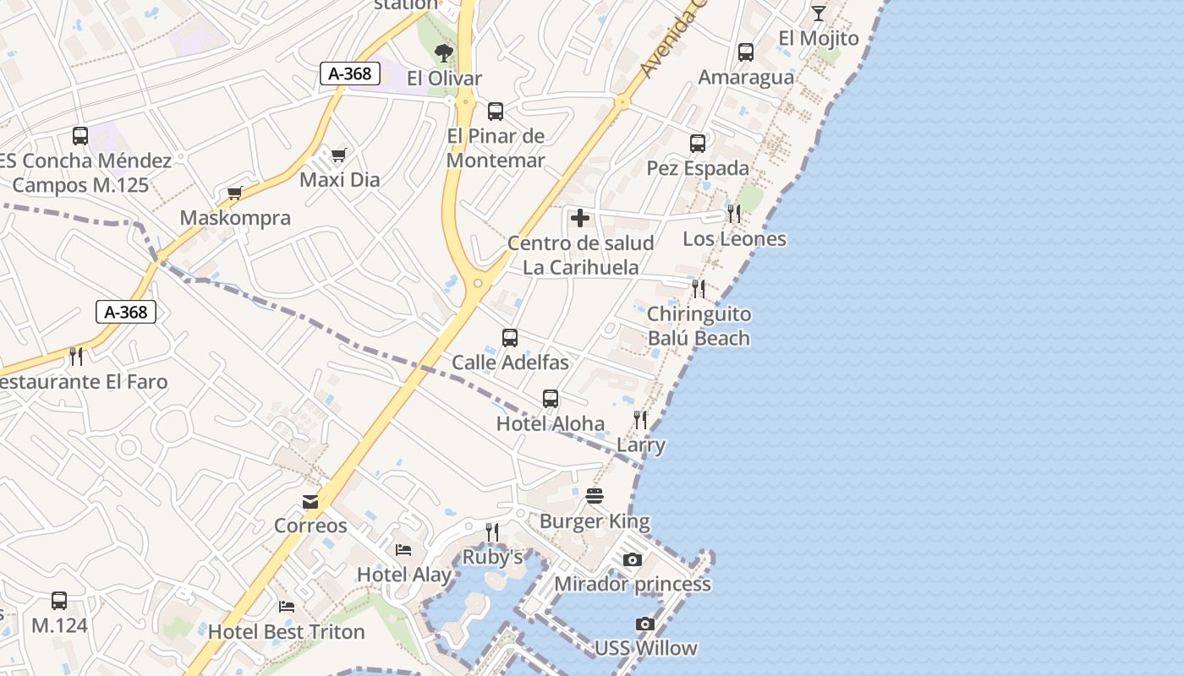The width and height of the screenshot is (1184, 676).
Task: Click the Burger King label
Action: [x=595, y=521]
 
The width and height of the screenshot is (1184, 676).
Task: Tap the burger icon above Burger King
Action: [x=595, y=496]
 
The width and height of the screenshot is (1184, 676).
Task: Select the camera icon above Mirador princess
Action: [x=632, y=559]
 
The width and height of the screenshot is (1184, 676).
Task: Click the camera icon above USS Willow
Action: [x=645, y=624]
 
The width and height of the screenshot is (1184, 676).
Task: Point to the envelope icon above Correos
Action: [x=310, y=502]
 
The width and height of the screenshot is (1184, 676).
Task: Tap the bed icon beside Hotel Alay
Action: [x=403, y=550]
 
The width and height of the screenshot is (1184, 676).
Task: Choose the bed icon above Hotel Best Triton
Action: [x=287, y=607]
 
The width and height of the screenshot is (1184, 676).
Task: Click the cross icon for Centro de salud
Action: [x=580, y=219]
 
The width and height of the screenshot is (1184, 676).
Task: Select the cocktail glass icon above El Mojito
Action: [x=818, y=14]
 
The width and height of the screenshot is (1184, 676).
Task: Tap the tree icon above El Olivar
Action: [x=443, y=54]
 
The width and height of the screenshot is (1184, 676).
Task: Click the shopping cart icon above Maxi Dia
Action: [x=339, y=155]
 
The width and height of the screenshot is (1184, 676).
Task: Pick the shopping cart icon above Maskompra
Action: [x=235, y=194]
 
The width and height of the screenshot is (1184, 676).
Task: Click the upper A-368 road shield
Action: [x=350, y=74]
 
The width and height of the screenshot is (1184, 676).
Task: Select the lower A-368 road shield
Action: [x=126, y=312]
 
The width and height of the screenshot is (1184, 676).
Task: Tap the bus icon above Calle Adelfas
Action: [x=510, y=338]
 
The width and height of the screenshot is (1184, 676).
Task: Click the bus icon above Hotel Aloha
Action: [x=551, y=399]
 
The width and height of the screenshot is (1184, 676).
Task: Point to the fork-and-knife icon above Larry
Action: [x=640, y=420]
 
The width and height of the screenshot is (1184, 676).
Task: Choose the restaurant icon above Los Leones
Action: [x=734, y=214]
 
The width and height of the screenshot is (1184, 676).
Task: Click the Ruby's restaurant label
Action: [x=492, y=558]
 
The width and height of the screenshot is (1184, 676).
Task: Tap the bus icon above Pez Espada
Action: [x=698, y=144]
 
